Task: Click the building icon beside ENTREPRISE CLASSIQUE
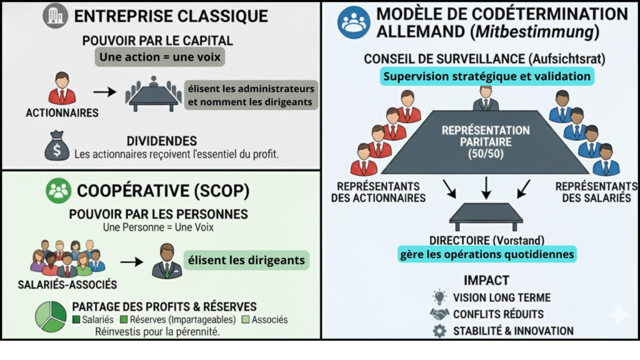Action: pyautogui.click(x=56, y=16)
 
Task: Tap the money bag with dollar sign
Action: pyautogui.click(x=56, y=146)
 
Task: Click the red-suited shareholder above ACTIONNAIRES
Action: pyautogui.click(x=62, y=89)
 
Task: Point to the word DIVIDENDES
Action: pyautogui.click(x=161, y=141)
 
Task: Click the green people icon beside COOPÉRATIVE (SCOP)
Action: pyautogui.click(x=59, y=191)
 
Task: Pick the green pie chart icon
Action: pyautogui.click(x=50, y=316)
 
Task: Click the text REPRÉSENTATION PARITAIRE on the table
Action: pyautogui.click(x=486, y=137)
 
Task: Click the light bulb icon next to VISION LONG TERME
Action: pyautogui.click(x=440, y=297)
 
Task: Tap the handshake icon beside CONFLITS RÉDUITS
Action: pyautogui.click(x=440, y=314)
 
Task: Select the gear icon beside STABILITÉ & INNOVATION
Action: pyautogui.click(x=440, y=331)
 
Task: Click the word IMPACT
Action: pyautogui.click(x=486, y=280)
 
